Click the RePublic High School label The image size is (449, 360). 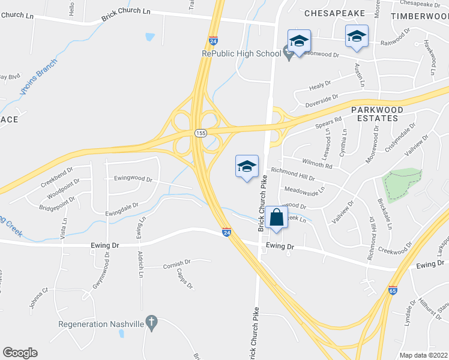pos(241,53)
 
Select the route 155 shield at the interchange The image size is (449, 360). pos(200,131)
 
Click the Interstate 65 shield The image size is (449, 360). pos(393,290)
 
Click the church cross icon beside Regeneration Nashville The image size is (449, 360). pos(151,323)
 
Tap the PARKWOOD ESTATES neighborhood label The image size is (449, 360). pos(375,113)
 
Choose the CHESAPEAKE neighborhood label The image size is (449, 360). pos(334,12)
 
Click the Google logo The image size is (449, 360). pos(20,353)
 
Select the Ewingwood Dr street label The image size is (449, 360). pos(133,179)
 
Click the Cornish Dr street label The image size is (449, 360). pos(176,263)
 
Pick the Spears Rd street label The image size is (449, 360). pos(328,122)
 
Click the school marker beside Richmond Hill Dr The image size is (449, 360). pos(246,166)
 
